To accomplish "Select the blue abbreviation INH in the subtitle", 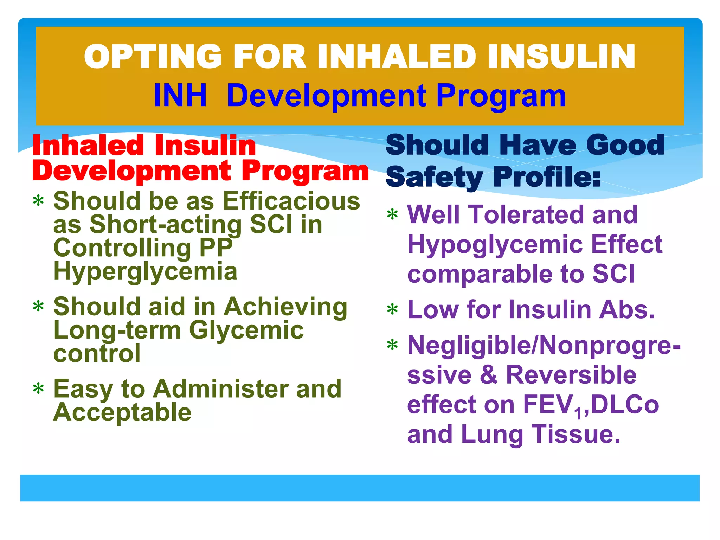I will coord(180,96).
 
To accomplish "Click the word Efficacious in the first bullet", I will coord(291,201).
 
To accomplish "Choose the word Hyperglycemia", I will coord(145,271).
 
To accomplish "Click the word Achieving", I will coord(285,307).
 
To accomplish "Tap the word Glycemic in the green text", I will coord(246,330).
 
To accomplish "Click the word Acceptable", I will coord(122,412).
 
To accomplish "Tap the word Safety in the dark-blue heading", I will coord(435,177).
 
